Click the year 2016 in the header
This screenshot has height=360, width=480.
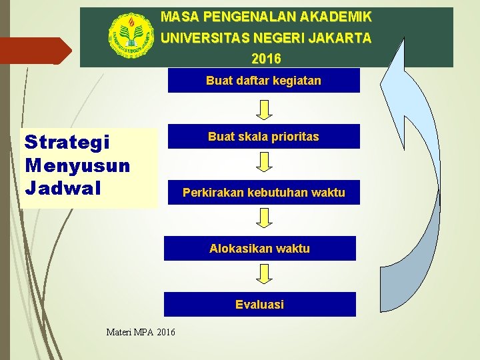click(266, 59)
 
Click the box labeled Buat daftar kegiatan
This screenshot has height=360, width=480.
click(263, 81)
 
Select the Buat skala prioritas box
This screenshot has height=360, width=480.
click(263, 137)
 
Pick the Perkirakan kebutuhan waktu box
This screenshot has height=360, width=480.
click(263, 193)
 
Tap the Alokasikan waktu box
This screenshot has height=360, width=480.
click(259, 249)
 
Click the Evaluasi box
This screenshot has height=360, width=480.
click(259, 305)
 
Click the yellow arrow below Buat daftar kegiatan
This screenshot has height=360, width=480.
click(265, 109)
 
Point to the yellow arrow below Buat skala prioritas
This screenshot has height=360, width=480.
click(265, 162)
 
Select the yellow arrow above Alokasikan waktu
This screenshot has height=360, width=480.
click(265, 218)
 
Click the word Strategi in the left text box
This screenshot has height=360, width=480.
click(67, 143)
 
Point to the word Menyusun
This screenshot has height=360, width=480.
click(77, 164)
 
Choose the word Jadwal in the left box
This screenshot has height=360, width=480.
click(61, 187)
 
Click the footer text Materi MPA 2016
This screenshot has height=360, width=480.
click(141, 331)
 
